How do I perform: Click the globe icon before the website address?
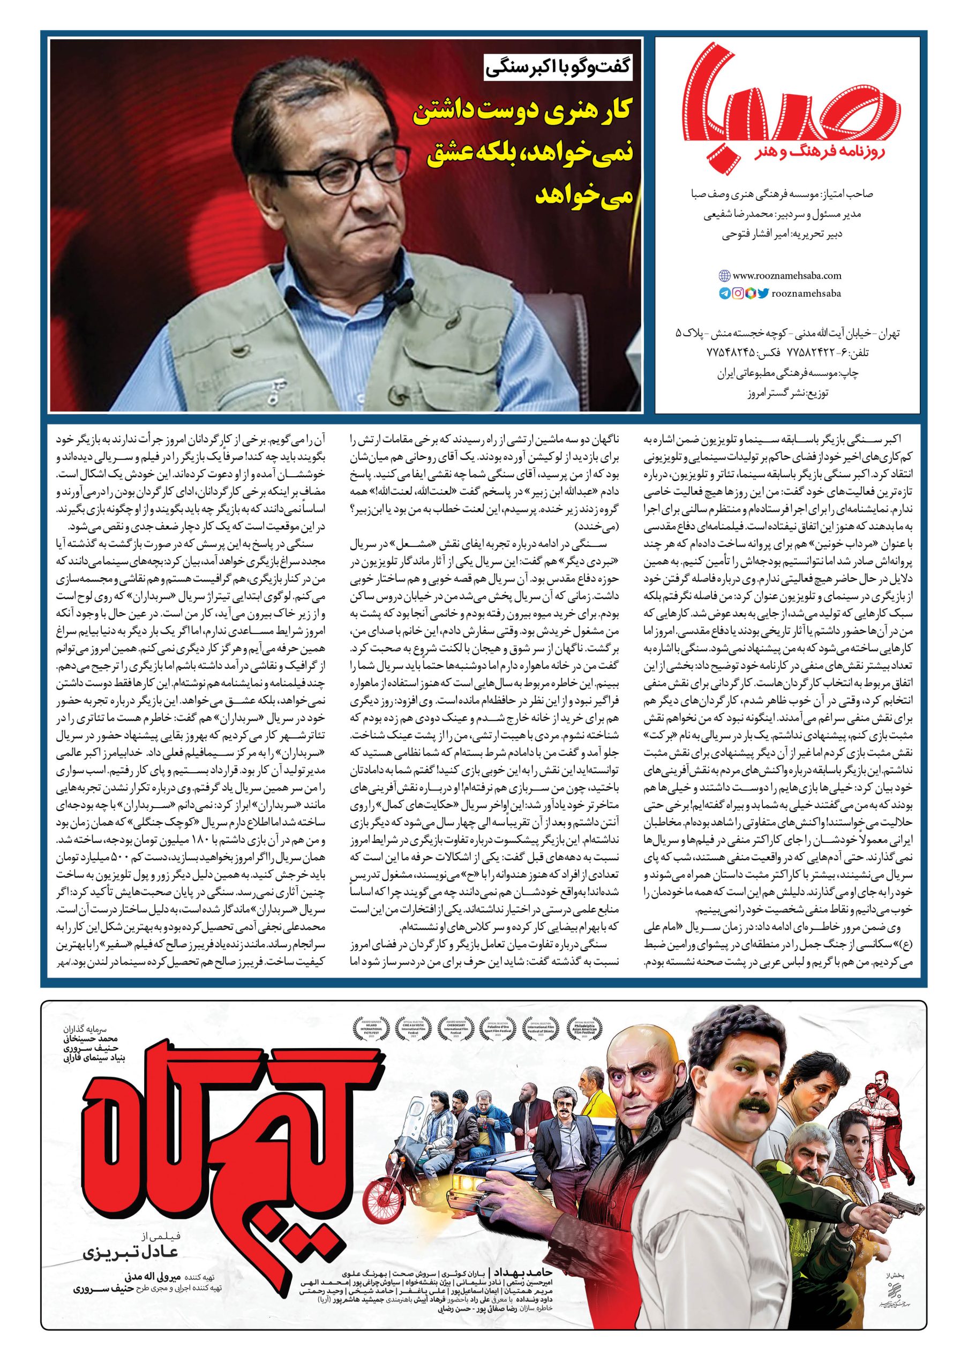[724, 276]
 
